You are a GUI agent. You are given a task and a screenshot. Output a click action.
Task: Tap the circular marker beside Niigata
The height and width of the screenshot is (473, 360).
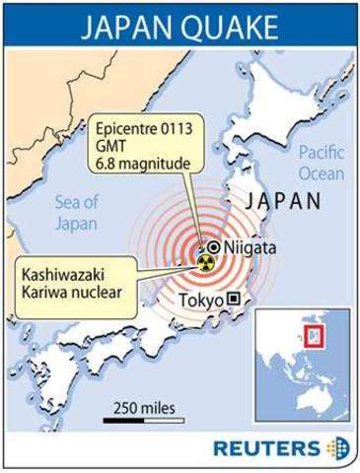(x=213, y=247)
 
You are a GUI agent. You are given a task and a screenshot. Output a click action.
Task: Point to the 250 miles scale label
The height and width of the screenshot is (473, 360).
(x=141, y=406)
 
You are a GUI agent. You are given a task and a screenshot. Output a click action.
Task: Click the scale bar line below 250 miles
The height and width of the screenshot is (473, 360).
(x=141, y=421)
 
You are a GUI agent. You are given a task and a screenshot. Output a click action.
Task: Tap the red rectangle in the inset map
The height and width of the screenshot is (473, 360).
(x=314, y=337)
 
